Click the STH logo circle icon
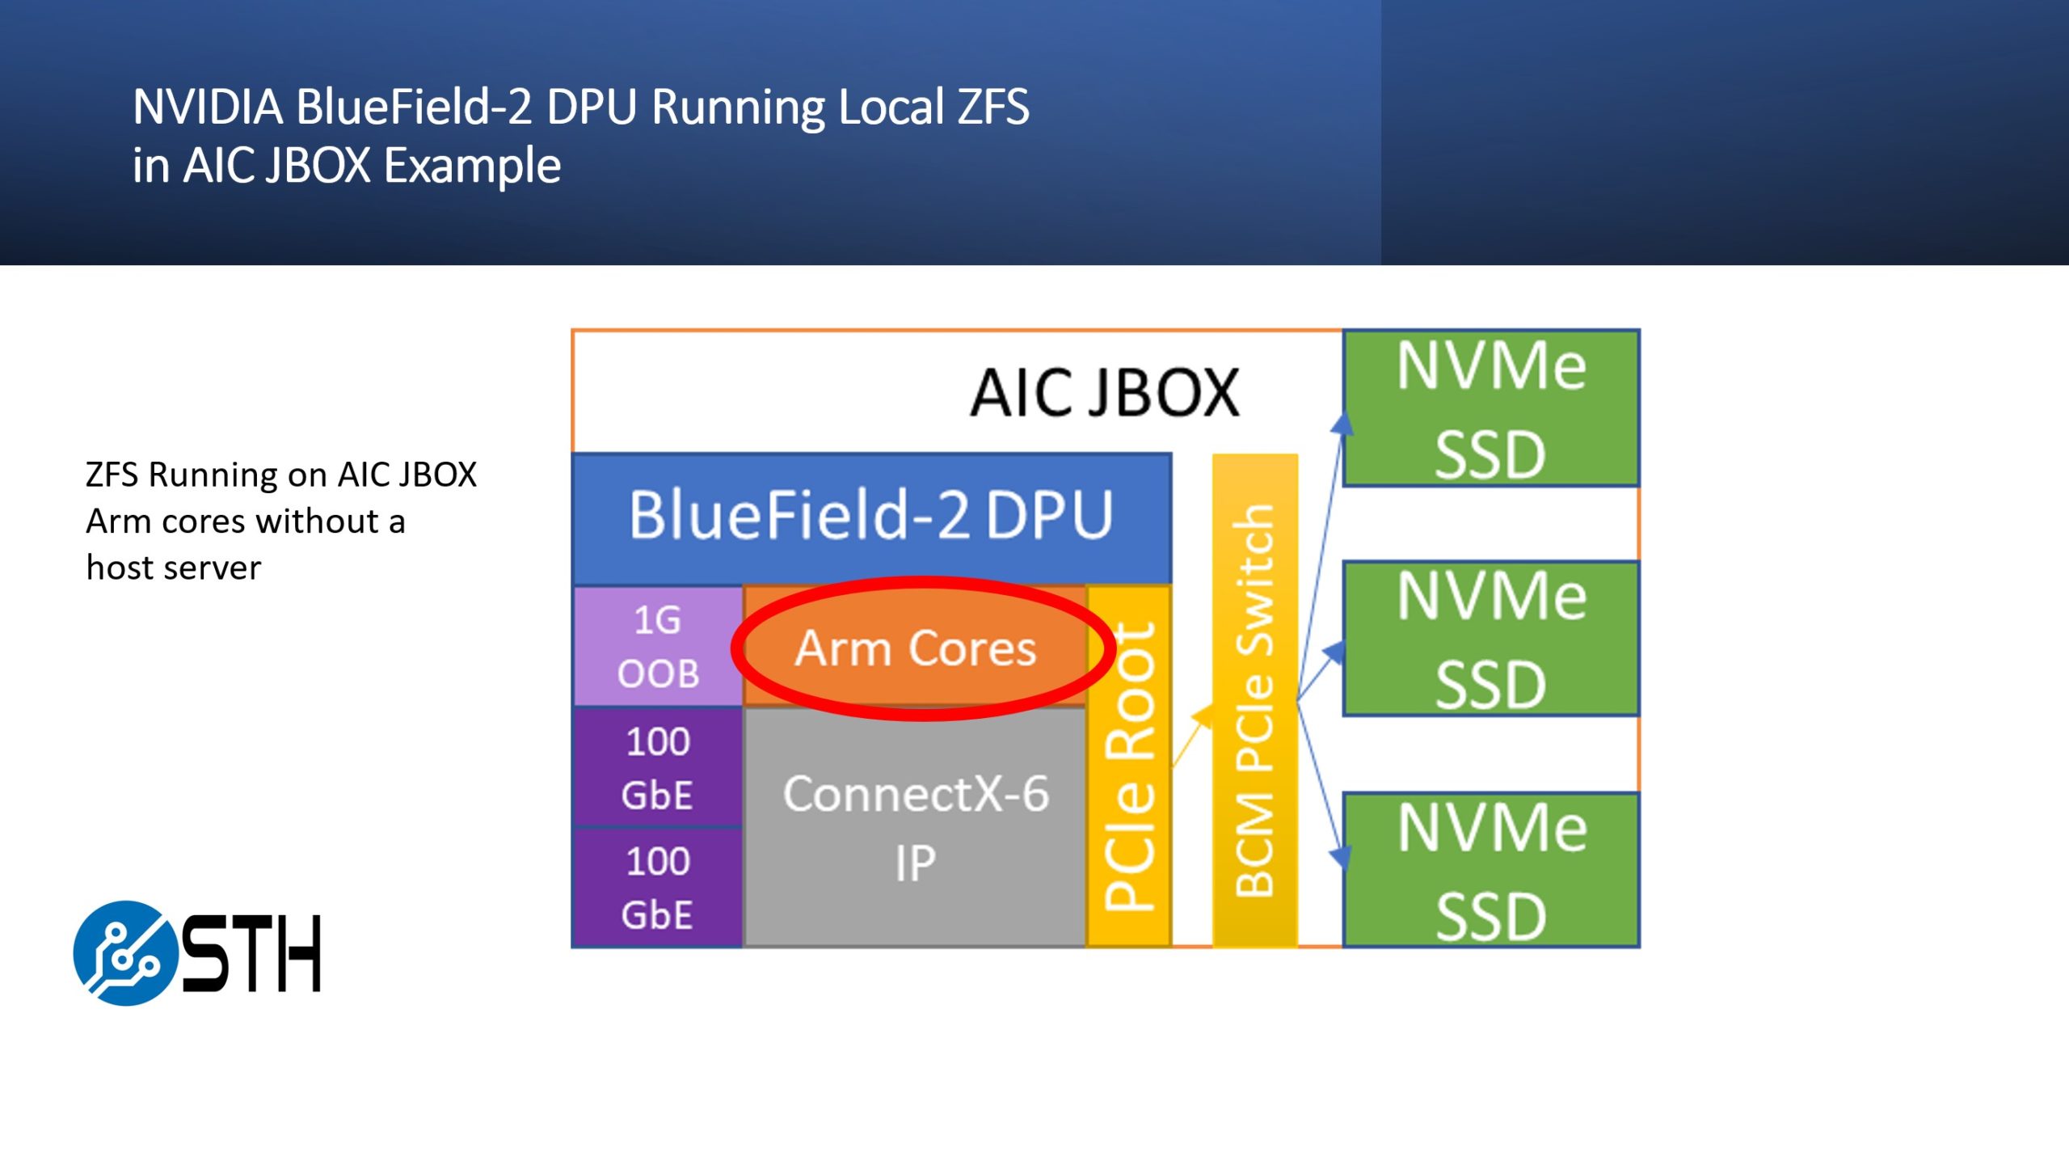(125, 953)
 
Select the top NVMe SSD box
(1491, 408)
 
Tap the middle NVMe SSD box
(1491, 639)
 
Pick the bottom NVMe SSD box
(1491, 870)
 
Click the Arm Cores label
(915, 648)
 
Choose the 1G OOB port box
(658, 647)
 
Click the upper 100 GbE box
(658, 767)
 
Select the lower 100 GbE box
(658, 887)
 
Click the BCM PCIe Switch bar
(1255, 700)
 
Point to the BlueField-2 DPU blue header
(871, 517)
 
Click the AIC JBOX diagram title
(1104, 394)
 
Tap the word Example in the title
(472, 166)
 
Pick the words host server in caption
(174, 568)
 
